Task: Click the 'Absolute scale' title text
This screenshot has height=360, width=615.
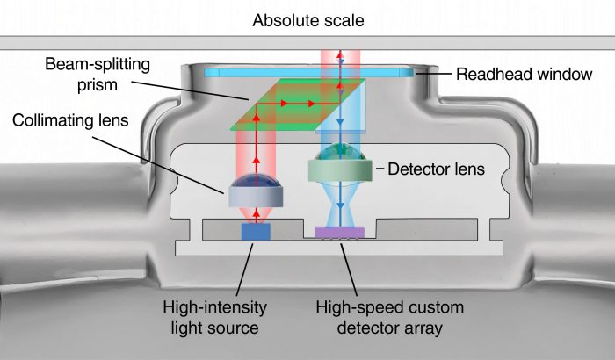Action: coord(307,19)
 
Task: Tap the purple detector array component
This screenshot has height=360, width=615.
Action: coord(340,232)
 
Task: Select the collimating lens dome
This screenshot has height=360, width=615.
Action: coord(256,188)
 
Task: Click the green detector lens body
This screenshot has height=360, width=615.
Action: coord(340,168)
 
